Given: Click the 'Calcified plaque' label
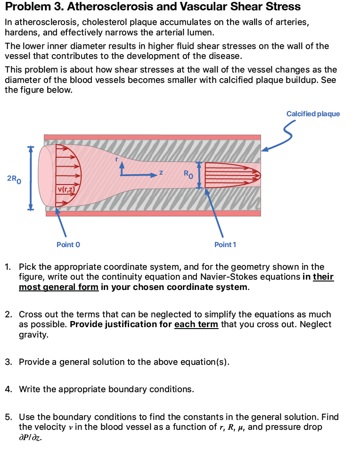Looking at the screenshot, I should click(313, 114).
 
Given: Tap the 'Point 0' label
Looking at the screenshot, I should click(68, 244).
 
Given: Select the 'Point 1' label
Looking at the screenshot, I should click(225, 244).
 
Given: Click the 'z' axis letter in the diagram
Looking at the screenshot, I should click(161, 173).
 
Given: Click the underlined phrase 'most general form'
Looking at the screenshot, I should click(58, 287).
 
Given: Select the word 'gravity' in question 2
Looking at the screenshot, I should click(33, 335).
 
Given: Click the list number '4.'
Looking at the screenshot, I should click(8, 389).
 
